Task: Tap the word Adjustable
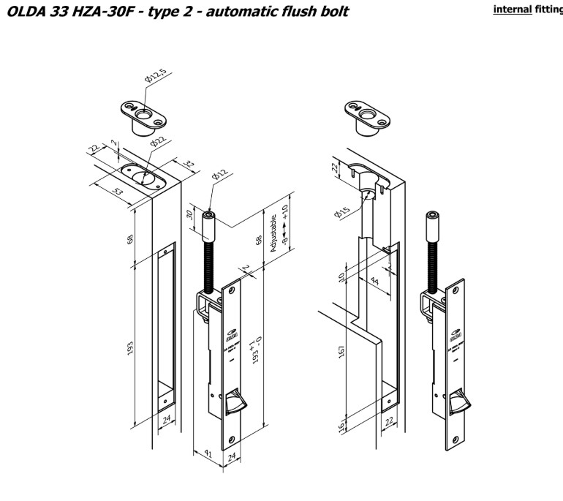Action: tap(274, 233)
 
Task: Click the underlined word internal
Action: tap(510, 10)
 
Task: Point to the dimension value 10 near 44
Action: tap(342, 277)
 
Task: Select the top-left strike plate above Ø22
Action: tap(140, 111)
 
